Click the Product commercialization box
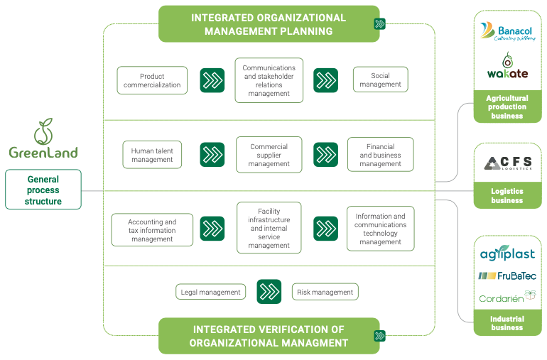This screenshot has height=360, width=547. (x=152, y=80)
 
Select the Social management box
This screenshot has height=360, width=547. (x=380, y=80)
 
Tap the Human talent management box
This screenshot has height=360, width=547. (x=152, y=155)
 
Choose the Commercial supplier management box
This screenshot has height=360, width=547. (x=269, y=155)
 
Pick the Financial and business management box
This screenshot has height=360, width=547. (x=380, y=155)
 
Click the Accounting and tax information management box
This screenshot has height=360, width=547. (x=152, y=230)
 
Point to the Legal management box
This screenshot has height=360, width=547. (x=210, y=292)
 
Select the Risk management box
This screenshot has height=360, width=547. (x=325, y=292)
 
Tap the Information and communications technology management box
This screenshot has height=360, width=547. (x=380, y=229)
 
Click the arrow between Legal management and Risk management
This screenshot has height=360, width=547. (x=269, y=292)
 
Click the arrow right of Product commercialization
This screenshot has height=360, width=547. (x=212, y=80)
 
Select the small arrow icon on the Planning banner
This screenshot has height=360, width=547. (x=379, y=24)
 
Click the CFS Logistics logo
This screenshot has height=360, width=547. (x=507, y=165)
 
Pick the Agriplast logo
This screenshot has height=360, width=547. (x=507, y=254)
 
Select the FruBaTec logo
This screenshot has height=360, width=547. (x=507, y=276)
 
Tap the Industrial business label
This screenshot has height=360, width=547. (x=507, y=324)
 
